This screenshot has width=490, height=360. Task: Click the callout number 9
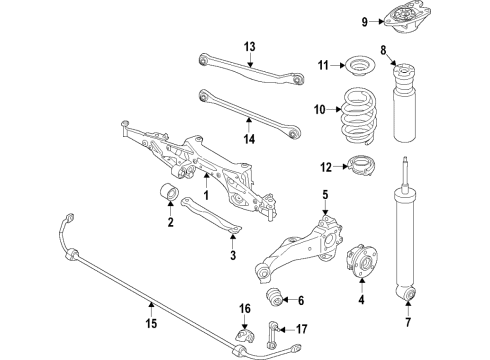(364, 20)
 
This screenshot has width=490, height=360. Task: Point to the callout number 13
(250, 46)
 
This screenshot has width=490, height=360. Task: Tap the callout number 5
(325, 193)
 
